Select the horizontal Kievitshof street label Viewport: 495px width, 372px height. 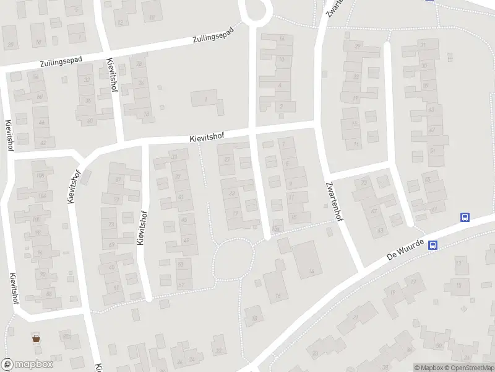point(207,136)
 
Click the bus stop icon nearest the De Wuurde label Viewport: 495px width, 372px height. point(434,245)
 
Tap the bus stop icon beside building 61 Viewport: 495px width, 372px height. point(465,217)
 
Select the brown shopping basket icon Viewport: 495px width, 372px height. point(36,338)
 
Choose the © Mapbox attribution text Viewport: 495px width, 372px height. point(428,368)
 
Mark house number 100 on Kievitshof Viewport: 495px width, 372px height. point(36,219)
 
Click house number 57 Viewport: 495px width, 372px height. point(181,285)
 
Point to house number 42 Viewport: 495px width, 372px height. point(43,143)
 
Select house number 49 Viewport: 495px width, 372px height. point(187,241)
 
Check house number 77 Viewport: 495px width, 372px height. point(117,200)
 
